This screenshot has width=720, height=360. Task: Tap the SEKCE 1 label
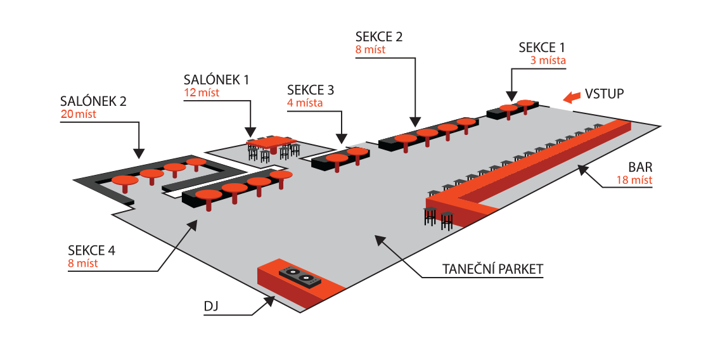pyautogui.click(x=541, y=48)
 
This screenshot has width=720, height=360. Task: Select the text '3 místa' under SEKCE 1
pyautogui.click(x=548, y=61)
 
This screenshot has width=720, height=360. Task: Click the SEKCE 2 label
pyautogui.click(x=380, y=36)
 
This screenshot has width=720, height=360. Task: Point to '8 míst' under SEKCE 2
pyautogui.click(x=371, y=49)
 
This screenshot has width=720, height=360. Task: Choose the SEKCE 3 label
pyautogui.click(x=310, y=89)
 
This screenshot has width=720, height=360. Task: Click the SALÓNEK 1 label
pyautogui.click(x=216, y=80)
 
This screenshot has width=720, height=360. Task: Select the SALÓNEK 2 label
pyautogui.click(x=93, y=101)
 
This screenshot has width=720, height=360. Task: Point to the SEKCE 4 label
pyautogui.click(x=92, y=250)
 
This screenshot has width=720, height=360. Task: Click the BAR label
pyautogui.click(x=640, y=168)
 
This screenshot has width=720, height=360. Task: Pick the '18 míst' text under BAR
pyautogui.click(x=634, y=180)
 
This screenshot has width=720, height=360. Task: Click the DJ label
pyautogui.click(x=210, y=307)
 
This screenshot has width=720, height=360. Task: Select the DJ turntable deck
pyautogui.click(x=300, y=276)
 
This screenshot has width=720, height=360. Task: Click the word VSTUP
pyautogui.click(x=604, y=94)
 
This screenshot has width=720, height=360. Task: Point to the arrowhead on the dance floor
pyautogui.click(x=378, y=239)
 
